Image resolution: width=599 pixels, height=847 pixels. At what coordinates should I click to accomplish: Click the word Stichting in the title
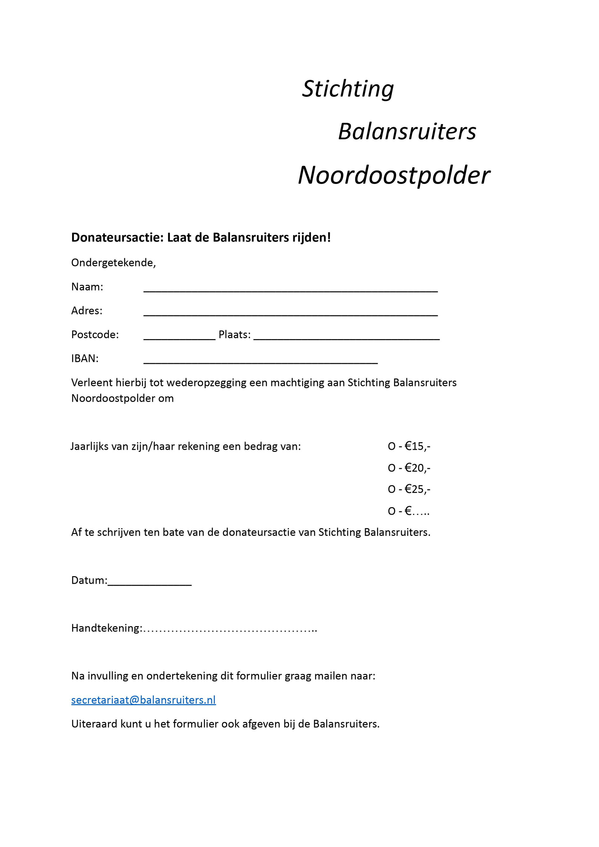[348, 89]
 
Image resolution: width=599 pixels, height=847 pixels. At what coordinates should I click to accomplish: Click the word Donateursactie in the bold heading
[117, 237]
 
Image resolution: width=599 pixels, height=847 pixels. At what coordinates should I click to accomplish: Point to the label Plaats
[234, 334]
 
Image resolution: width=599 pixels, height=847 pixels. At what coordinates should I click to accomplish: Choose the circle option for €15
[392, 447]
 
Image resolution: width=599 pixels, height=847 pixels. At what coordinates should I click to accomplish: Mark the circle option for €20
[392, 468]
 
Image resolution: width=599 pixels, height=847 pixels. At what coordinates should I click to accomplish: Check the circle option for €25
[392, 490]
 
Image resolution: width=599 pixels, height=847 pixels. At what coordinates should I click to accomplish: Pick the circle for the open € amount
[392, 511]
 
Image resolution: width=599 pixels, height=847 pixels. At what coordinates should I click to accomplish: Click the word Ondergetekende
[113, 263]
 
